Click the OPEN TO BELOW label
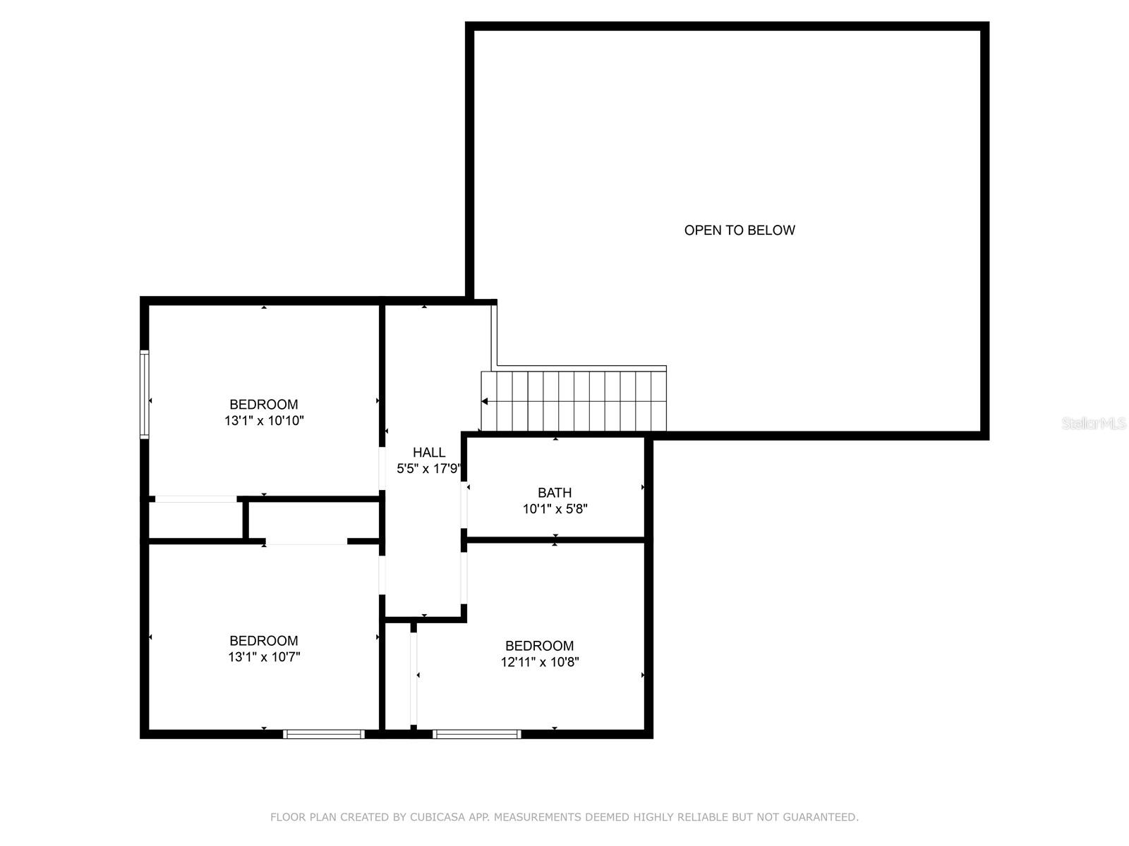coord(739,231)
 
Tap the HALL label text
coord(429,453)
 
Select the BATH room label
coord(555,493)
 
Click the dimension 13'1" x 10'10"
coord(264,421)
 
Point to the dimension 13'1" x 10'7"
coord(264,657)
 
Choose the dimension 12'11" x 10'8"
coord(540,662)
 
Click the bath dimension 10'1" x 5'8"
coord(555,509)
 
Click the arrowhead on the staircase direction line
coord(485,401)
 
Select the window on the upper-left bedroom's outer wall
coord(145,395)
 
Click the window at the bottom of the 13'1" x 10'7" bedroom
coord(324,734)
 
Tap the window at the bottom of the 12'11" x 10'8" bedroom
coord(477,734)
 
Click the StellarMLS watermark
coord(1094,424)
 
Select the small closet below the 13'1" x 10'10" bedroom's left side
coord(195,520)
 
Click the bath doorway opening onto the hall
coord(464,505)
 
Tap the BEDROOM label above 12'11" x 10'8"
coord(540,646)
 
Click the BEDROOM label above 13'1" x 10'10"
coord(264,405)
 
